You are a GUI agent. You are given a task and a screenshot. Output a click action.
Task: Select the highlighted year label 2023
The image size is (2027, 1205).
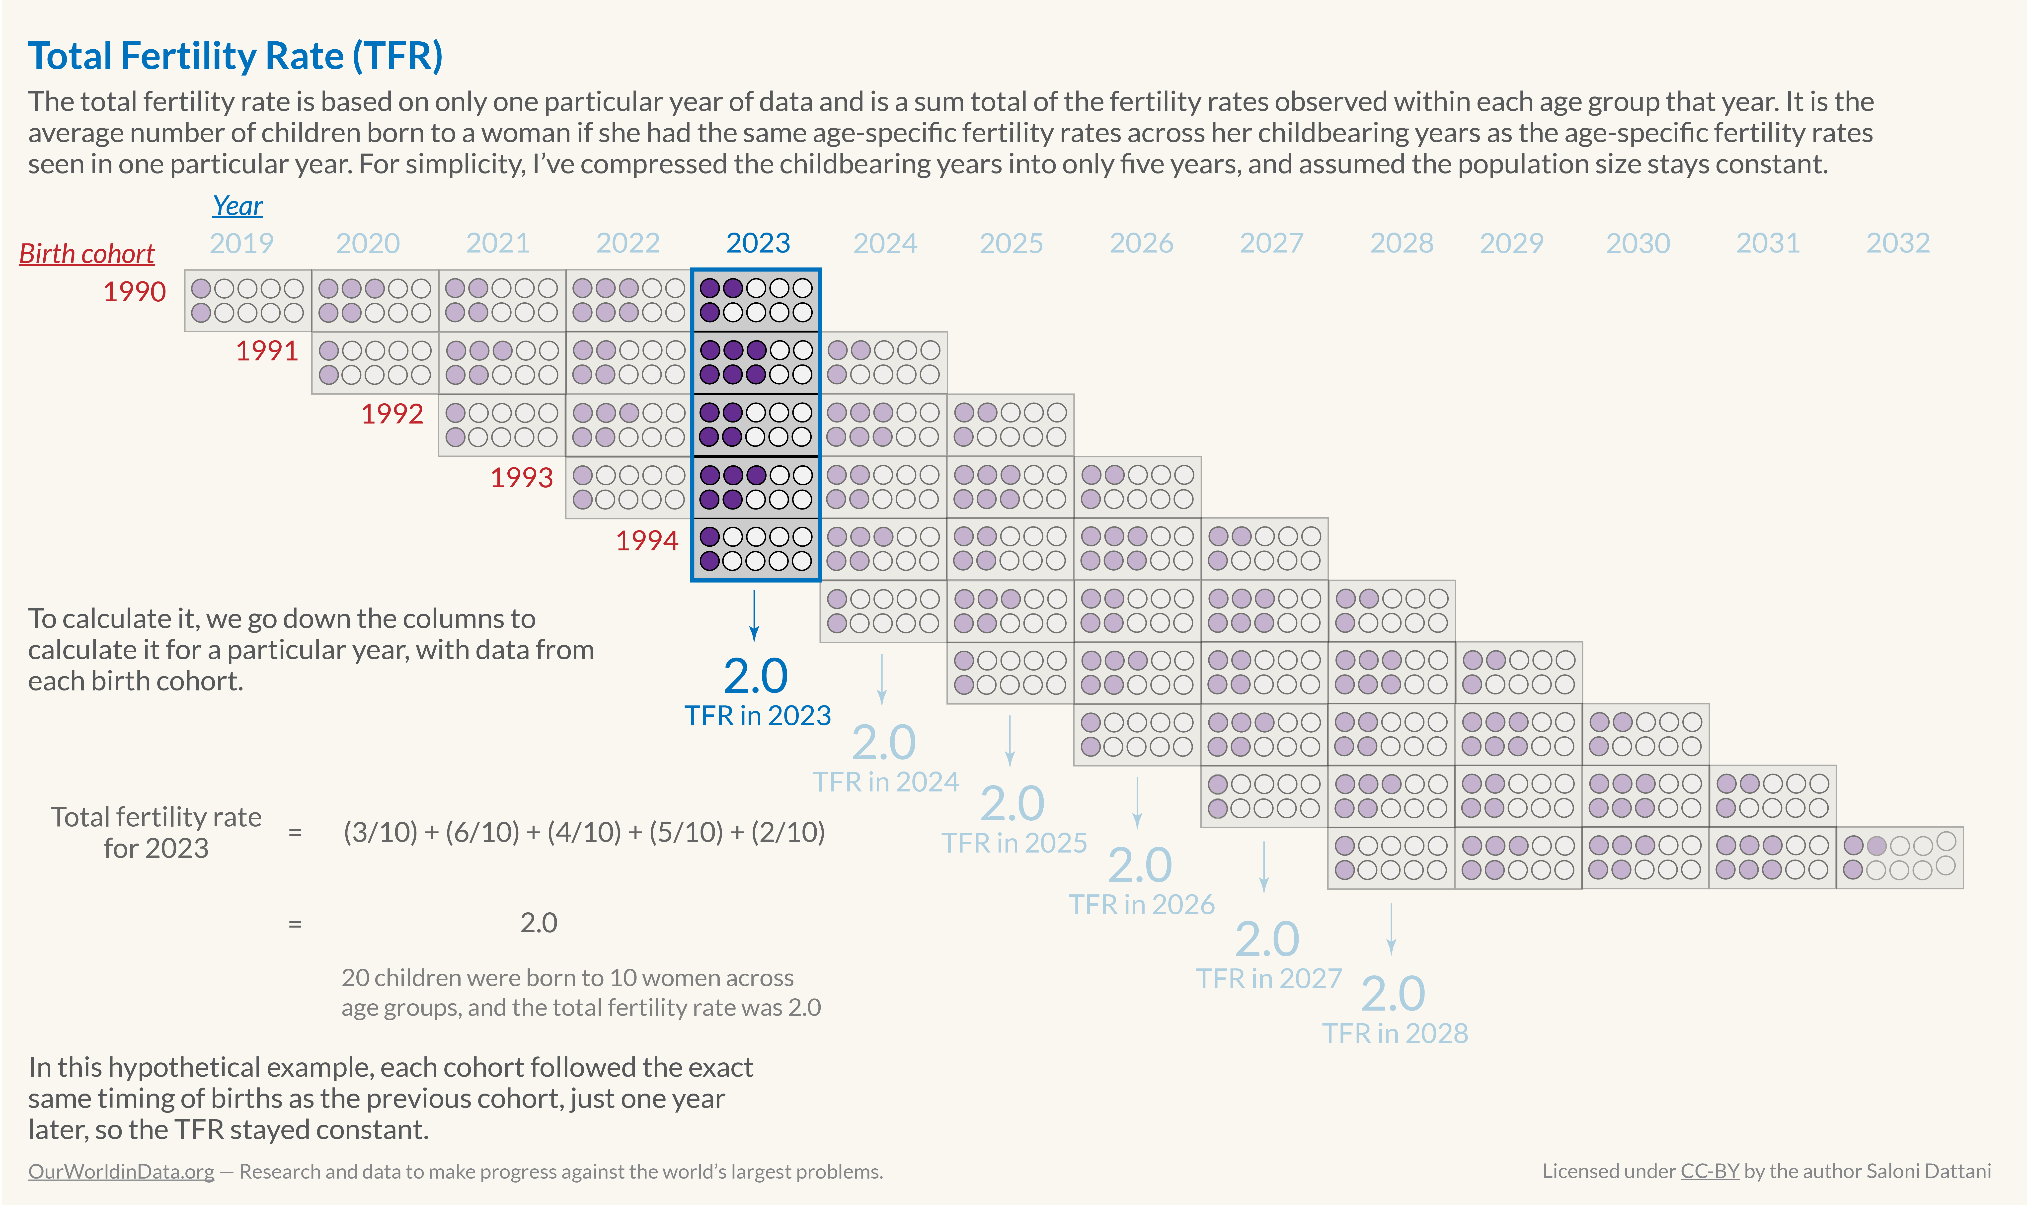pos(757,243)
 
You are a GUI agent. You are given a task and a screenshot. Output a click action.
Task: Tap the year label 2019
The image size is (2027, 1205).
pos(241,243)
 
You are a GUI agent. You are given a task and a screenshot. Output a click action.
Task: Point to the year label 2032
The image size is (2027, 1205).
pos(1897,243)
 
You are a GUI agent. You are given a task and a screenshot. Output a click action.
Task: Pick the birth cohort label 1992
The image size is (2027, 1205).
pos(392,414)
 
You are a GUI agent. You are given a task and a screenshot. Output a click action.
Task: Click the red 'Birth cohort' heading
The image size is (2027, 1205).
pos(87,254)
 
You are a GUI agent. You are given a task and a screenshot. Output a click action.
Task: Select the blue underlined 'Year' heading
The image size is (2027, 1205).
pos(237,206)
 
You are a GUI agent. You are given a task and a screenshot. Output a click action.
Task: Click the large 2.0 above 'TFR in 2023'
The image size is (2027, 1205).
pos(755,676)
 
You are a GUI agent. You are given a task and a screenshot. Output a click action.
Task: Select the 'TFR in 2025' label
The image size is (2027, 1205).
pos(1014,843)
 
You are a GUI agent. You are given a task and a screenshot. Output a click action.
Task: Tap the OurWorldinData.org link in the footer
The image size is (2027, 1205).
pos(121,1172)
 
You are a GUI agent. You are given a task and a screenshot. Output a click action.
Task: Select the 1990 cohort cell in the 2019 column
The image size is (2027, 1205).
pos(248,300)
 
